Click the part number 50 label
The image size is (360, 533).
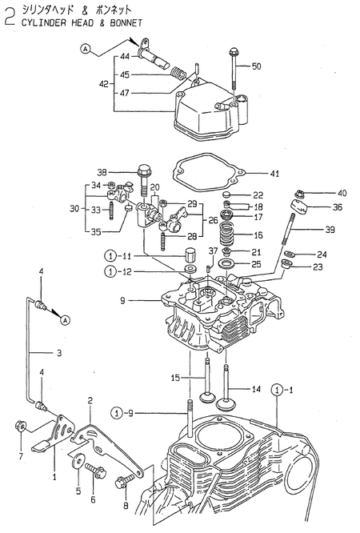click(x=257, y=66)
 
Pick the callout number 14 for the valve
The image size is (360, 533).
click(x=257, y=390)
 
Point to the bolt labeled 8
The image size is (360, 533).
click(x=124, y=483)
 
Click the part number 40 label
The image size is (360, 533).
click(x=342, y=193)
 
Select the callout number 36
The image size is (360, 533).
click(x=338, y=207)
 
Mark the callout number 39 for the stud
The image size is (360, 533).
click(x=330, y=230)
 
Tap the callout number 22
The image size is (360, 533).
click(x=257, y=195)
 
